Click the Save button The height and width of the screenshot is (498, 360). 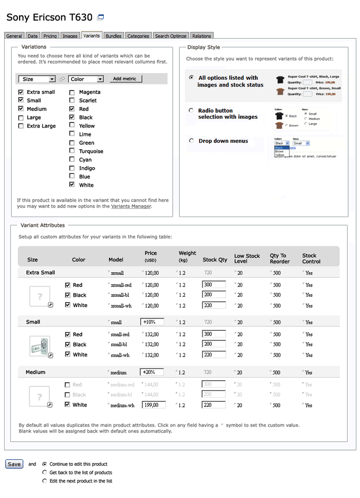click(x=14, y=464)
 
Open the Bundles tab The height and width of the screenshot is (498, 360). click(x=114, y=36)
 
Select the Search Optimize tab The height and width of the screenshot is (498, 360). click(x=171, y=36)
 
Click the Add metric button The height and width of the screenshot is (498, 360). click(x=124, y=79)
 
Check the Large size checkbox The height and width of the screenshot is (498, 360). click(x=21, y=118)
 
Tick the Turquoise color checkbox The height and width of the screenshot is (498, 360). click(x=72, y=151)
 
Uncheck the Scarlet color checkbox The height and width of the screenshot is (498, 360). click(x=72, y=101)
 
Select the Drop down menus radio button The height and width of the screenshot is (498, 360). click(x=191, y=141)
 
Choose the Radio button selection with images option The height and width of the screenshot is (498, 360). click(x=191, y=111)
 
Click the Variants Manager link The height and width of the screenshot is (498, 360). click(x=131, y=206)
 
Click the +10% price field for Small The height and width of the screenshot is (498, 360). click(x=152, y=322)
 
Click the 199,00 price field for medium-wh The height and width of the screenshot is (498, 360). click(x=153, y=405)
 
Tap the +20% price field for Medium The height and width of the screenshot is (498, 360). click(x=152, y=372)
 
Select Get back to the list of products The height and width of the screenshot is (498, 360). click(x=45, y=472)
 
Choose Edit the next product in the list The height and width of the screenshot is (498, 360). click(x=45, y=481)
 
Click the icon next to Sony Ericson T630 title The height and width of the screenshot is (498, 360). click(x=101, y=17)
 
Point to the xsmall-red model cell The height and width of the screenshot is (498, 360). click(x=121, y=285)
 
